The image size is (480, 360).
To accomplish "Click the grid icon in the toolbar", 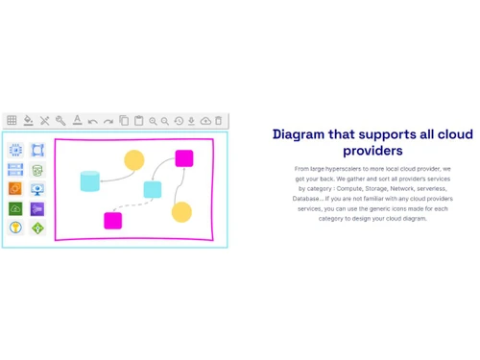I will (12, 121).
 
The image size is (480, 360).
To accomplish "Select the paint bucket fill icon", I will (28, 121).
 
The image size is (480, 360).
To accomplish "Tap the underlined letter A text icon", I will (77, 121).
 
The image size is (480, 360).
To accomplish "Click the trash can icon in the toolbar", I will (219, 121).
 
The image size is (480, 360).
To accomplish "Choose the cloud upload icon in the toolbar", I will (205, 121).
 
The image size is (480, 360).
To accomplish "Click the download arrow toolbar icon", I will (192, 121).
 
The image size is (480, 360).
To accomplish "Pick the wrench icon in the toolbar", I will (60, 121).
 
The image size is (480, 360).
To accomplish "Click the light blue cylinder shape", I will (89, 180).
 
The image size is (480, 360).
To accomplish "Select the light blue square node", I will (152, 189).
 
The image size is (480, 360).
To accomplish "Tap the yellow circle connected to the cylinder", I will (134, 160).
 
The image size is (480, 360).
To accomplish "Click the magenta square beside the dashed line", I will (112, 220).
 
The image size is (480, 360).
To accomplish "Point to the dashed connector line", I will (132, 205).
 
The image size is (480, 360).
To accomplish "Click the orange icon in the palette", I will (15, 189).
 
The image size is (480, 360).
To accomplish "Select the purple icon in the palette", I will (37, 208).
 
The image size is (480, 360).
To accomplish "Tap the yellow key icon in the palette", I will (15, 228).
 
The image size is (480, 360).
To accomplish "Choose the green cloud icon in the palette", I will (15, 208).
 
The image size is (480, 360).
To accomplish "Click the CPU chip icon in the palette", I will (15, 151).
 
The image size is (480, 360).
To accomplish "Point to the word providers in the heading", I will (372, 151).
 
